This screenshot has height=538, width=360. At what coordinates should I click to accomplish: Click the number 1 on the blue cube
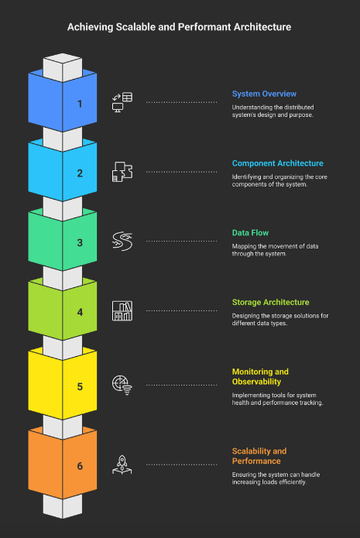80,104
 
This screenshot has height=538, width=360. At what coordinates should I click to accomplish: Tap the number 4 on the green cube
80,312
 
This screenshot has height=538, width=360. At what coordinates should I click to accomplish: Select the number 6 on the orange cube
80,466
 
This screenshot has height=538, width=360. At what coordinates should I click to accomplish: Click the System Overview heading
264,94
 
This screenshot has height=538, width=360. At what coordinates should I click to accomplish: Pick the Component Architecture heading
278,163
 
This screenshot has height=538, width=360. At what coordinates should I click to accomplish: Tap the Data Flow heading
250,233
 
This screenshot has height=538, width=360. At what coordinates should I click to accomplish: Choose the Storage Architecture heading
270,302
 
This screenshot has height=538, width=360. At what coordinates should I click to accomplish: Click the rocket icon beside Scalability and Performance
122,465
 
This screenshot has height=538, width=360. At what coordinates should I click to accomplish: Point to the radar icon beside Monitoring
122,385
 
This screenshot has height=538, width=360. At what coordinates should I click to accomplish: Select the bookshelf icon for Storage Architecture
122,311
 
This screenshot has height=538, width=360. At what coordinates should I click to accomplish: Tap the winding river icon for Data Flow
122,242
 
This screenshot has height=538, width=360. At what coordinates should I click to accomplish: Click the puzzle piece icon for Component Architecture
122,172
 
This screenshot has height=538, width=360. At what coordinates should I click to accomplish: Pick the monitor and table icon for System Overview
122,102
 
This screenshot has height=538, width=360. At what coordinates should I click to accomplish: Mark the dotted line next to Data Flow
181,242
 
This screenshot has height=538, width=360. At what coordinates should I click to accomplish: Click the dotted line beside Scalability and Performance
181,465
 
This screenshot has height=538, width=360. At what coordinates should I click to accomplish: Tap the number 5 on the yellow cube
80,387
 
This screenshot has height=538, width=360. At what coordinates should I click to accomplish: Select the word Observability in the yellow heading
256,382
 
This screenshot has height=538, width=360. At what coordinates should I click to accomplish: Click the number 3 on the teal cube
80,243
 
